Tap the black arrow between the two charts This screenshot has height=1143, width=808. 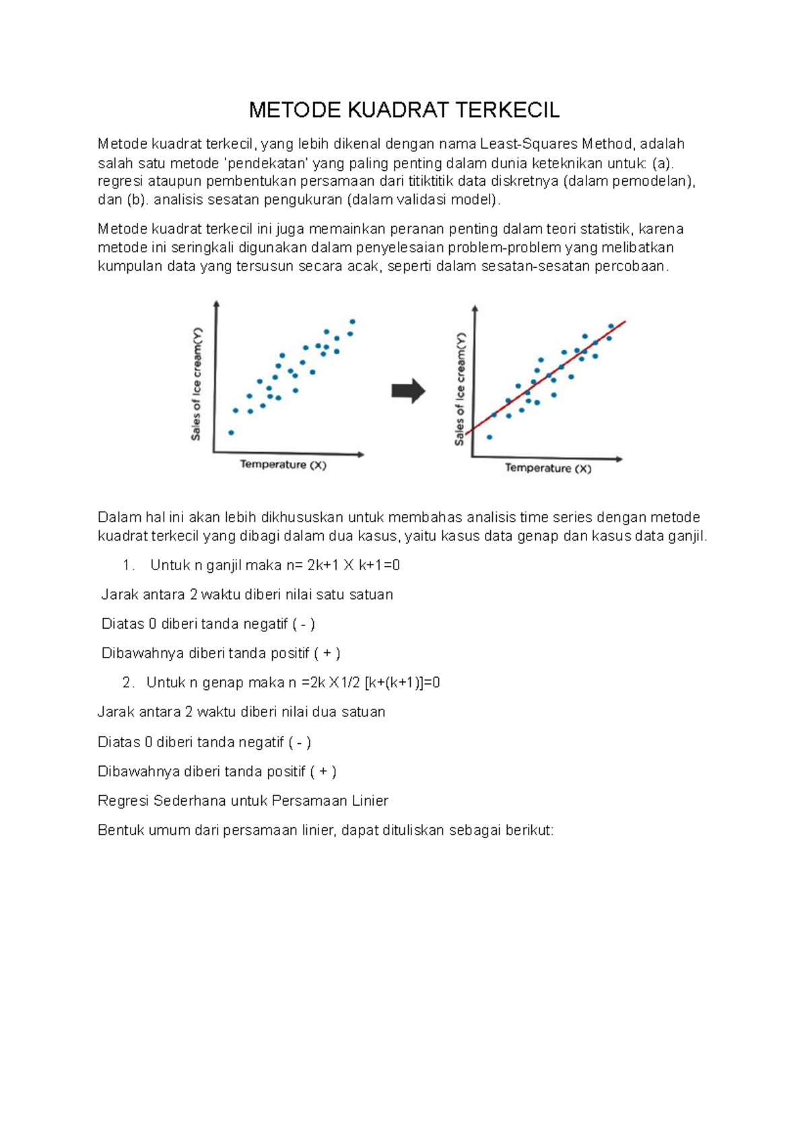tap(408, 391)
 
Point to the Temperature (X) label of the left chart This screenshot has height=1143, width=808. tap(283, 464)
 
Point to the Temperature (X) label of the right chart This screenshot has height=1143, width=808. tap(548, 468)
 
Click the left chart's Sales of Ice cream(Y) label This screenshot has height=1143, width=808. tap(196, 384)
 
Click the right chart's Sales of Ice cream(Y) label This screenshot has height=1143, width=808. tap(460, 388)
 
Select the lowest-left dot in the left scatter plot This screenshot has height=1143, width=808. tap(231, 433)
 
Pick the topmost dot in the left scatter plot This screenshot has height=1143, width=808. tap(352, 322)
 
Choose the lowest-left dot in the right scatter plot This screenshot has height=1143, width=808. tap(490, 437)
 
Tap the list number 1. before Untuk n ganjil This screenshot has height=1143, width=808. tap(129, 565)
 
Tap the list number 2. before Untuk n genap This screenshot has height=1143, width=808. tap(129, 683)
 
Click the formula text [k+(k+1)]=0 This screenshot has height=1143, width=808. tap(402, 683)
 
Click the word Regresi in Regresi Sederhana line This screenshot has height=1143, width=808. tap(123, 801)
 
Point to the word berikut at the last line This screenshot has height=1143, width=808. tap(529, 831)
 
